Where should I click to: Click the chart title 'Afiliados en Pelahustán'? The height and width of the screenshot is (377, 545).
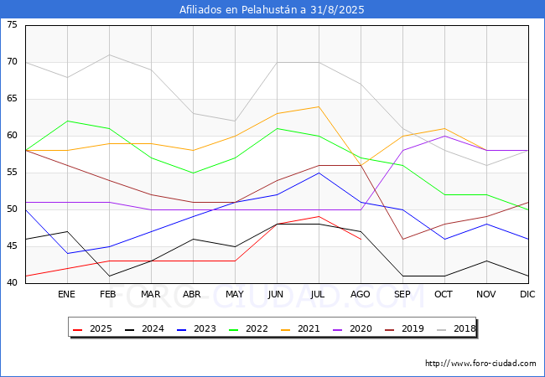272,10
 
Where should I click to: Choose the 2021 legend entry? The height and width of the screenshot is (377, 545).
299,328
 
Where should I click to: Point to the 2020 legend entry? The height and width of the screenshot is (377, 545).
350,328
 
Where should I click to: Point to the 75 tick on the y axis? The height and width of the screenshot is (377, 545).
12,25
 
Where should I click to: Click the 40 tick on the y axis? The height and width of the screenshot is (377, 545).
12,283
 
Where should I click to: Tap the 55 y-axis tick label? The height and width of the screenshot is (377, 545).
12,173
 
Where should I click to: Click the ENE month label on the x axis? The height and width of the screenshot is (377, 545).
66,295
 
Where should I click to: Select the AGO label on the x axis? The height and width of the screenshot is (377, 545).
361,295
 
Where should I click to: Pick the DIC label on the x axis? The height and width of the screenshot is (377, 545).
527,295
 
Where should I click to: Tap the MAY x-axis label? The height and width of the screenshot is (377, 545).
235,295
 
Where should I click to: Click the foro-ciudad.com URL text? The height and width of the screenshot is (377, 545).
480,364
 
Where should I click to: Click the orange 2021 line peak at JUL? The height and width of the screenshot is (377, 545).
319,106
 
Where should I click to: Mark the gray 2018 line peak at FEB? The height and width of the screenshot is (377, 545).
109,54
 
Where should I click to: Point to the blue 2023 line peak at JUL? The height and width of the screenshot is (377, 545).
319,173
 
